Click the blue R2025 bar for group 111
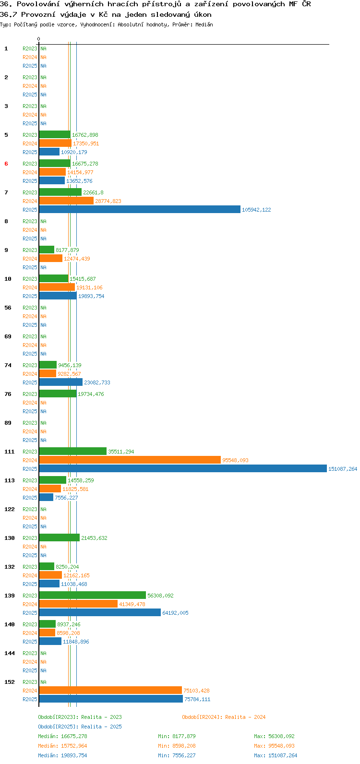(183, 469)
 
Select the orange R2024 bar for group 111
(130, 460)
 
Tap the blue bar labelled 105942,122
(140, 209)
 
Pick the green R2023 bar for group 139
(93, 595)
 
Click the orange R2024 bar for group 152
(110, 690)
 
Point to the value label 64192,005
(175, 613)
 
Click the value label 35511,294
(121, 452)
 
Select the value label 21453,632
(94, 538)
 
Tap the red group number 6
(6, 164)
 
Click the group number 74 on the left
(8, 365)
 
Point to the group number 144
(10, 653)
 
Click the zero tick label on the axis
(38, 39)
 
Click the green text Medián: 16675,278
(62, 736)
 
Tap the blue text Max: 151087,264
(276, 755)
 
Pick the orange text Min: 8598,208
(177, 746)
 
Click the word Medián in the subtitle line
(204, 24)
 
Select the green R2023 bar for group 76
(58, 394)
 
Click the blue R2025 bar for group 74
(61, 382)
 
